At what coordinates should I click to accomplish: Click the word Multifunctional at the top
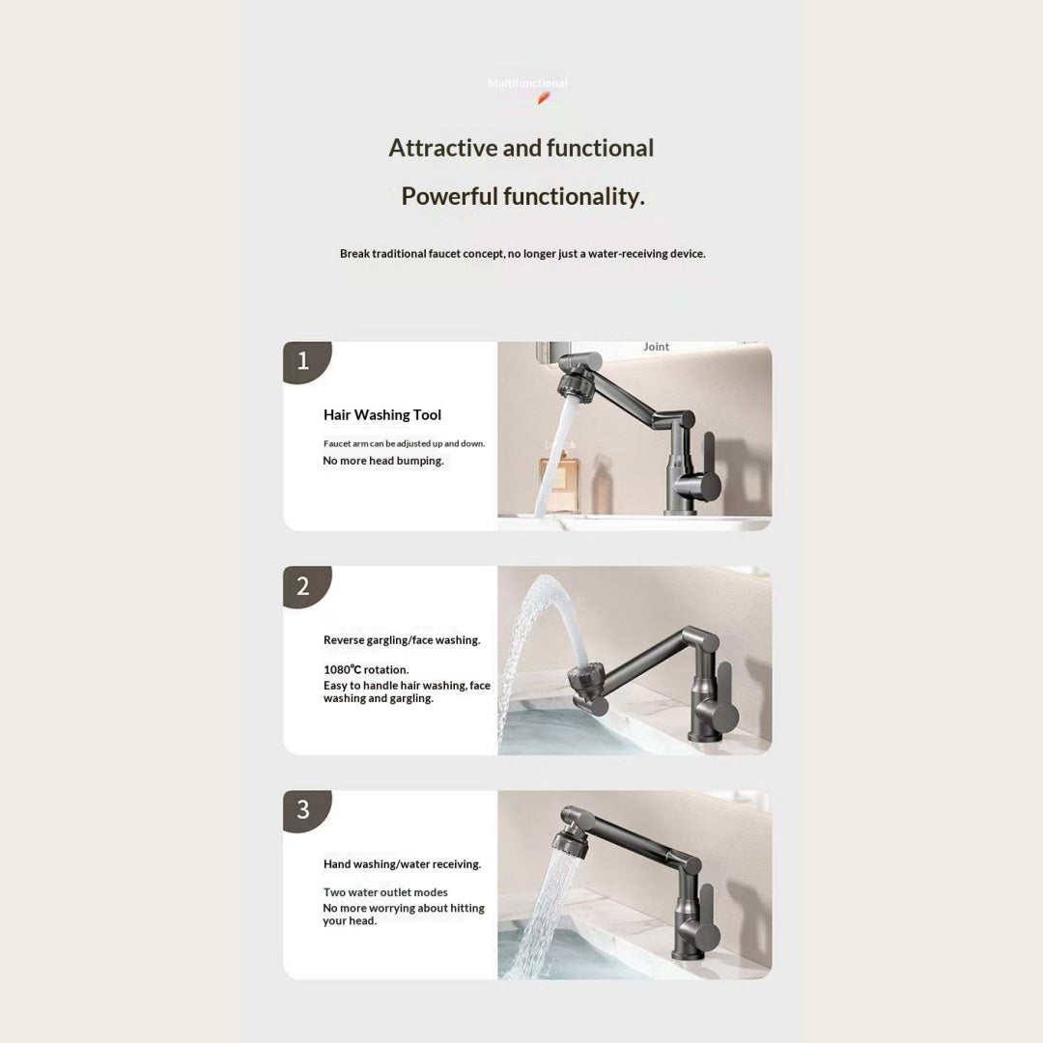point(527,83)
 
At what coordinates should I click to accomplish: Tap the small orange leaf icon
point(544,99)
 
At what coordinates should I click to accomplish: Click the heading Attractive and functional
point(521,148)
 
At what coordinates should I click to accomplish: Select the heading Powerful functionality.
point(522,196)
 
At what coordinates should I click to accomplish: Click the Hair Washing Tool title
point(382,415)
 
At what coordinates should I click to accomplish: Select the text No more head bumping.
point(383,461)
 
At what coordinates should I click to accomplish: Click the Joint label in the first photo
point(656,347)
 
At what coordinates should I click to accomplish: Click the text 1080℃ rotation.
point(367,670)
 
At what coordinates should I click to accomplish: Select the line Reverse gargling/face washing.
point(402,640)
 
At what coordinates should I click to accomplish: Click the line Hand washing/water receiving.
point(403,864)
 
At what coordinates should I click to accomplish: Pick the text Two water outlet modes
point(385,892)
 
